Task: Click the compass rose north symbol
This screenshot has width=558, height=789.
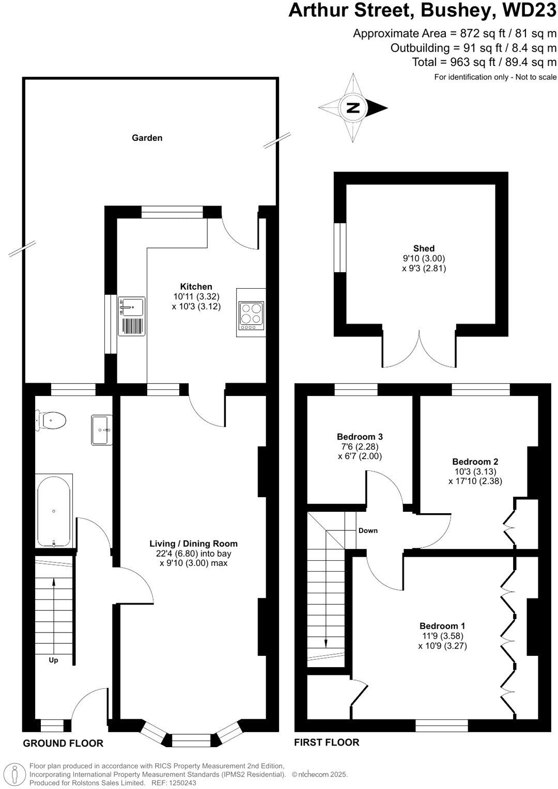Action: (x=353, y=108)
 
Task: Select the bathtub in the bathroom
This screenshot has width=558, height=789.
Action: (x=54, y=510)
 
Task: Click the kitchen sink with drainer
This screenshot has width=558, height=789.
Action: (x=131, y=315)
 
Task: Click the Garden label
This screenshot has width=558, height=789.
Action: (x=147, y=138)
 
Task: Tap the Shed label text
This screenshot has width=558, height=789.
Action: (x=424, y=248)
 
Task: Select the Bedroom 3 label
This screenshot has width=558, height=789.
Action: (x=360, y=437)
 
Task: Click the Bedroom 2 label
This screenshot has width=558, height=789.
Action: (x=475, y=462)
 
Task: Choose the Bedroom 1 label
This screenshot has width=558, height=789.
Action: (x=442, y=626)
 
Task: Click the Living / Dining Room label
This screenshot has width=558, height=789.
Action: (x=193, y=544)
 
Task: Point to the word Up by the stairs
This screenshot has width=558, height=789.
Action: (x=53, y=660)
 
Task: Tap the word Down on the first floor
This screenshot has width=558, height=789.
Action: (x=368, y=530)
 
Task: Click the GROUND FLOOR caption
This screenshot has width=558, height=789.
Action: (x=63, y=744)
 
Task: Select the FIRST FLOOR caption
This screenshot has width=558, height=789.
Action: (x=327, y=743)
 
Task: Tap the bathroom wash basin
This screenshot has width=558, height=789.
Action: (x=101, y=430)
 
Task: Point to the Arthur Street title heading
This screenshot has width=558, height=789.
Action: (x=422, y=10)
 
